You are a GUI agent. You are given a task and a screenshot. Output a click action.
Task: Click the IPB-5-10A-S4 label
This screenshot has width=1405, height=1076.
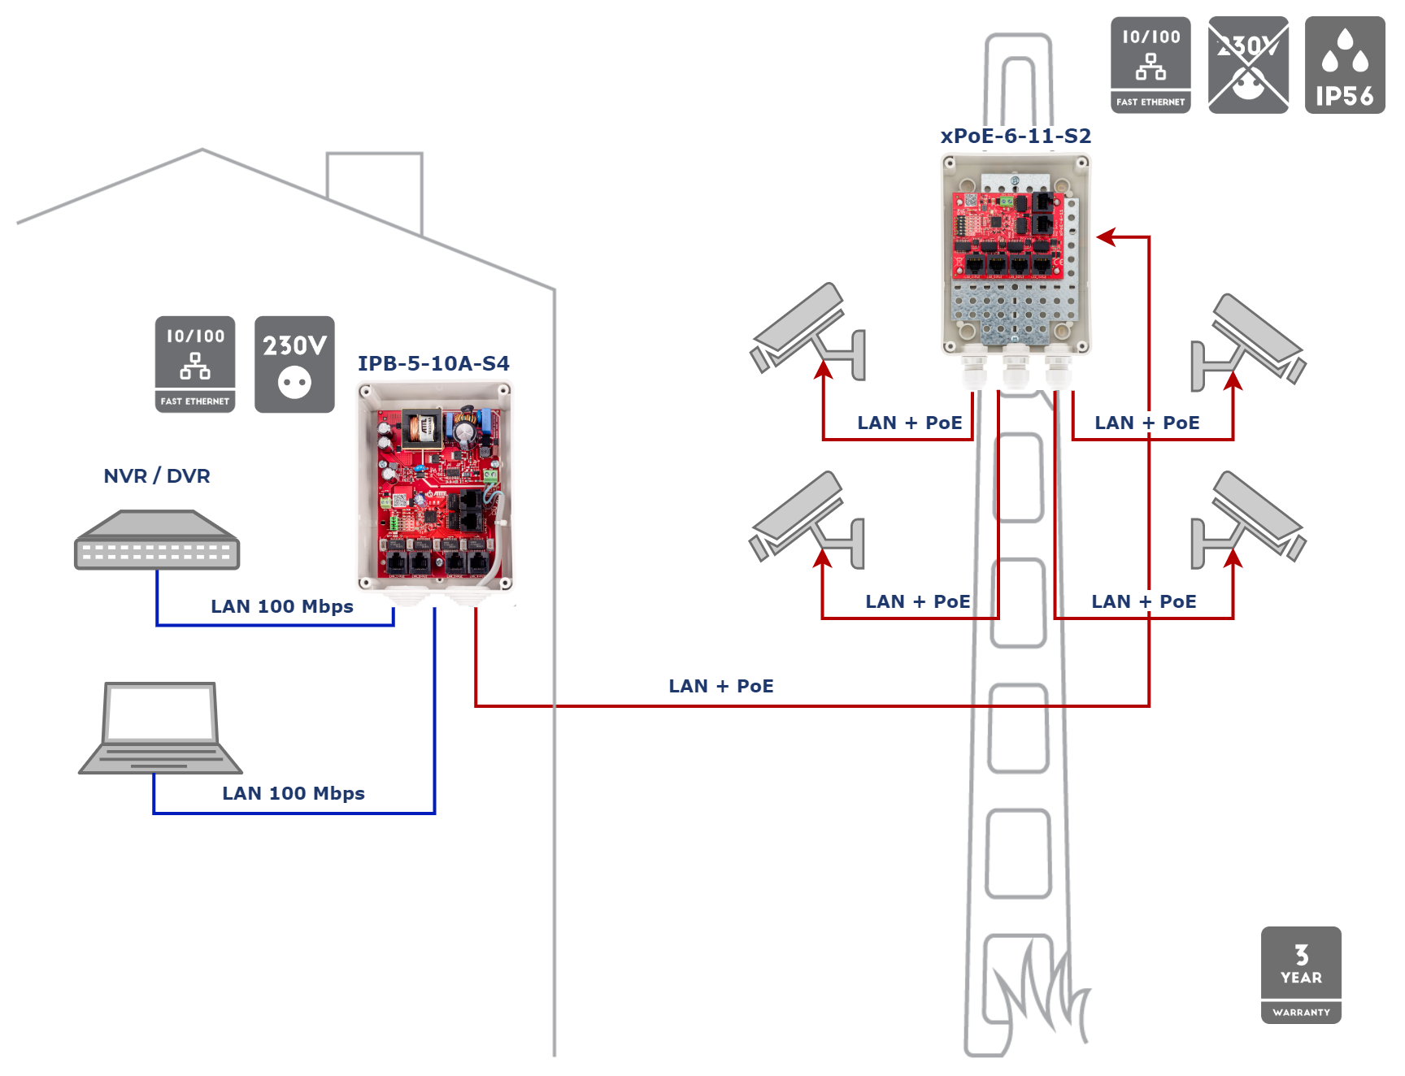click(x=433, y=364)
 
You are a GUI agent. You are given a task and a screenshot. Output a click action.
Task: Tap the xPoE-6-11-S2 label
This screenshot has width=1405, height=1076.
click(x=1016, y=137)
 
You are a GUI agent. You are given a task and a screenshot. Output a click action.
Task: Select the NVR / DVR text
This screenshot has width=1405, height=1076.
click(x=157, y=476)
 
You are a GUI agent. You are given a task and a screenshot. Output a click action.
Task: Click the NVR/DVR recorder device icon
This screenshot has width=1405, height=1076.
click(x=157, y=540)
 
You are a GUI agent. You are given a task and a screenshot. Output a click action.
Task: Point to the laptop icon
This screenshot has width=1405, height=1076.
click(x=161, y=728)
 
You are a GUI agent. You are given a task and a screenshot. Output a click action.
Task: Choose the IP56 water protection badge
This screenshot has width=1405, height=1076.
click(x=1345, y=65)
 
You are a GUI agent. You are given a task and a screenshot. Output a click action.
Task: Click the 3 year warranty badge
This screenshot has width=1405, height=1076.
click(x=1301, y=974)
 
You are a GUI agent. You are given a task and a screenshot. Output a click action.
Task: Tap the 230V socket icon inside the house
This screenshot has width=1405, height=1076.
click(x=294, y=364)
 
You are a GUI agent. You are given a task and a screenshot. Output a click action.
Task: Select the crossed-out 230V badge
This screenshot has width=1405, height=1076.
click(x=1248, y=65)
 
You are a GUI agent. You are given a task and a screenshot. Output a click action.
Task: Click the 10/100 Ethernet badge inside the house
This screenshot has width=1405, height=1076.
click(x=195, y=364)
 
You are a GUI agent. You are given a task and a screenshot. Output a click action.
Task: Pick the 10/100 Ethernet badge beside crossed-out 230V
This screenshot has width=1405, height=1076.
click(x=1151, y=65)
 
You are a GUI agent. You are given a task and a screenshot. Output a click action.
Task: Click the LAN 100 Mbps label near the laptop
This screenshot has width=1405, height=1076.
click(x=294, y=793)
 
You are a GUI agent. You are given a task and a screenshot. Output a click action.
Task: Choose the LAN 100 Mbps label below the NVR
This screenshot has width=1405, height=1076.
click(x=282, y=606)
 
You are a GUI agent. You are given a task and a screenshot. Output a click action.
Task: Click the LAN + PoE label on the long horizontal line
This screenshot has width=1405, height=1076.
click(x=721, y=686)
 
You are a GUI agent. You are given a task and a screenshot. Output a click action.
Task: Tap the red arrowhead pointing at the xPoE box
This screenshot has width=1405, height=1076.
click(x=1106, y=237)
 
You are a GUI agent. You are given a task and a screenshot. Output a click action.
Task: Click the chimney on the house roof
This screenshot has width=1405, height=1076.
click(x=375, y=187)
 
